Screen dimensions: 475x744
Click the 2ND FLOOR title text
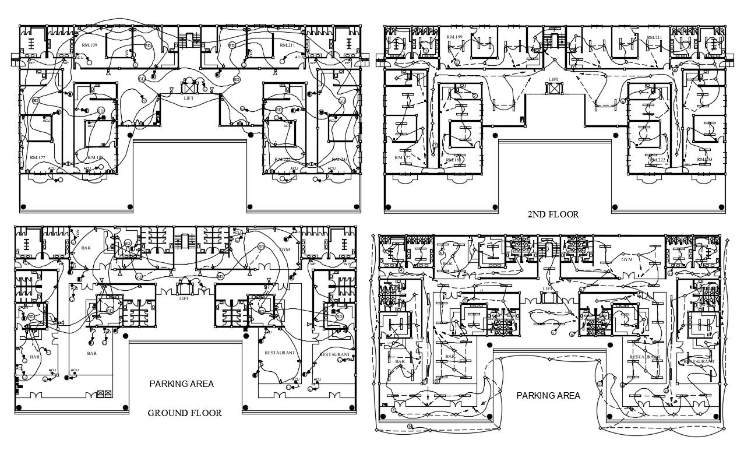click(553, 214)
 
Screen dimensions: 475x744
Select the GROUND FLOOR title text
click(184, 413)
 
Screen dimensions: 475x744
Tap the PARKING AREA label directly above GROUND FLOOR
click(181, 384)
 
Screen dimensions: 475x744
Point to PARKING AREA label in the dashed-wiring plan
click(548, 396)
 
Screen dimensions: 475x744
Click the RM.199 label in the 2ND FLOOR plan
click(454, 37)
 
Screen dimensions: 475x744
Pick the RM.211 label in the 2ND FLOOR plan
click(654, 38)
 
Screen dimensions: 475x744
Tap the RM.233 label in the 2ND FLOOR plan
click(704, 159)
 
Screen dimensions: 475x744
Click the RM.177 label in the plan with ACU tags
click(37, 158)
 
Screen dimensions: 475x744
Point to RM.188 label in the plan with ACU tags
click(96, 158)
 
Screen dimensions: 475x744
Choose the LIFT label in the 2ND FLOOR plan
click(553, 79)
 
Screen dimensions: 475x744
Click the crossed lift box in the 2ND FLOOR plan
click(553, 89)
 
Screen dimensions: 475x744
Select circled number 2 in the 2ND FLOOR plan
click(475, 96)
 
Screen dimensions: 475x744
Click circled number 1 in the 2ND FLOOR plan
click(435, 145)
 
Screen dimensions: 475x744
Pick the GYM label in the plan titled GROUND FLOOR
click(285, 250)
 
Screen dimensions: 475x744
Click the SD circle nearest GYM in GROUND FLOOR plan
click(261, 246)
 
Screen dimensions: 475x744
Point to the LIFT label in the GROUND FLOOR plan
click(184, 299)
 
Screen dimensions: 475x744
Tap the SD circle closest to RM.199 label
click(148, 45)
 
